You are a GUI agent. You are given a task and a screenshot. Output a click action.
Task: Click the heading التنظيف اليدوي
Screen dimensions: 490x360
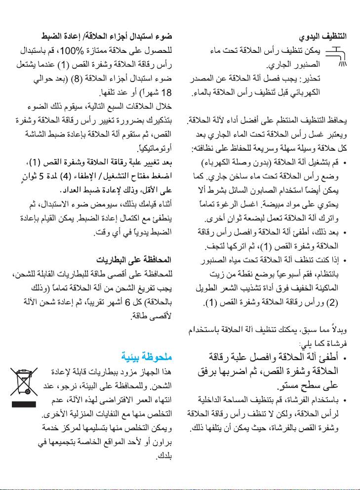tap(323, 37)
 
